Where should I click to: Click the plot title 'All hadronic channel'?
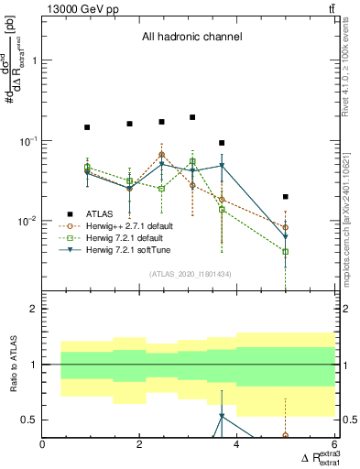click(x=191, y=38)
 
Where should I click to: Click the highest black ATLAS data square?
click(x=192, y=117)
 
